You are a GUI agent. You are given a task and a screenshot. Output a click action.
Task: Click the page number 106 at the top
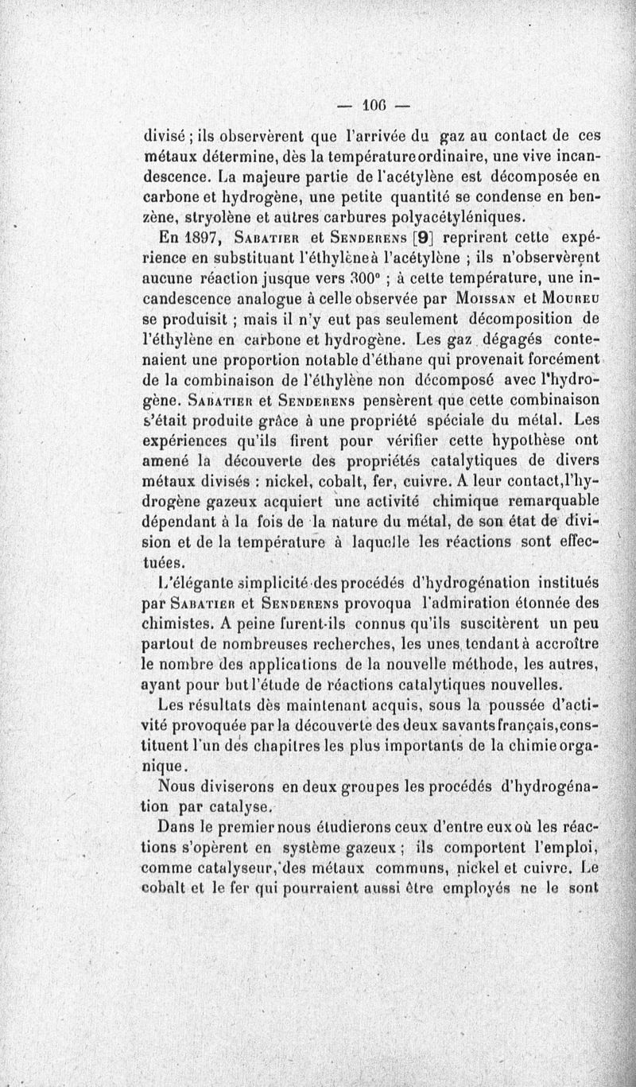click(x=374, y=104)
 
